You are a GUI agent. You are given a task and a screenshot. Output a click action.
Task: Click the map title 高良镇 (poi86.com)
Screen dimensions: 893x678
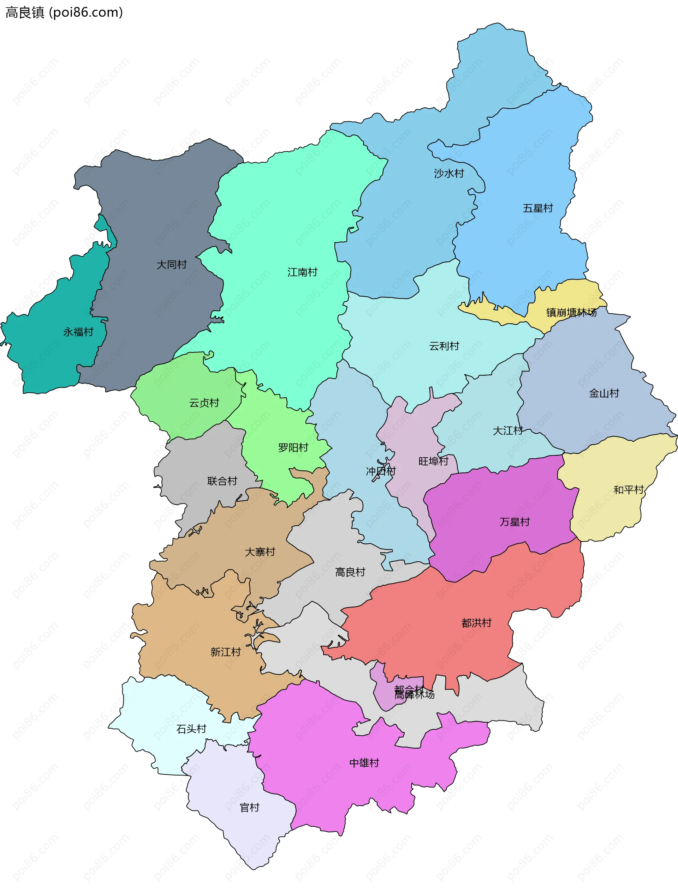[x=64, y=12]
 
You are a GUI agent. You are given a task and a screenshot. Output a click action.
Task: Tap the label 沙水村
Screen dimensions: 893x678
[x=449, y=174]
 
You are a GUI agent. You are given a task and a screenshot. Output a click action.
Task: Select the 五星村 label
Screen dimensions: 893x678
[x=538, y=208]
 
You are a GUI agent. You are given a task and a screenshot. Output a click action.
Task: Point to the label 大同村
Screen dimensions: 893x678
[x=172, y=265]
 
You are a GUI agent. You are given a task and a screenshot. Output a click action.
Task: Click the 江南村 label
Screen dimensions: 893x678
[x=302, y=272]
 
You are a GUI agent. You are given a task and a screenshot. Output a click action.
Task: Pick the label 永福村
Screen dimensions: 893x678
[x=78, y=332]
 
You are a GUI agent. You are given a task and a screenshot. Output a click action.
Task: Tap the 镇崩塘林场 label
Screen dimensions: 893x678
[x=571, y=313]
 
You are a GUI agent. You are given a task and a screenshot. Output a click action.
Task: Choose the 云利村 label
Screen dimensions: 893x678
[x=444, y=346]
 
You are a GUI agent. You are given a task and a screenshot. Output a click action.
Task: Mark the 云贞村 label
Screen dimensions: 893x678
[x=204, y=403]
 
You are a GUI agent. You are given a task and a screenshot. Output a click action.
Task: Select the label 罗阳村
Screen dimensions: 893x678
[x=293, y=448]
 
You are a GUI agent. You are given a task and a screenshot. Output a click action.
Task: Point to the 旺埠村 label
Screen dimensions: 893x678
[x=434, y=461]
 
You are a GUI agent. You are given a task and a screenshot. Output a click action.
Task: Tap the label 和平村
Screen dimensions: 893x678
[x=629, y=490]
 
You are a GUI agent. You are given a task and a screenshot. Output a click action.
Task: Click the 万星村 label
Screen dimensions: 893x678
[x=515, y=522]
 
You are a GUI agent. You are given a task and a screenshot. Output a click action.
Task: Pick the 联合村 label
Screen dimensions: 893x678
[x=222, y=481]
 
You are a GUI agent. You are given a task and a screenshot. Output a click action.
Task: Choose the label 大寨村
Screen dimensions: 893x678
[x=260, y=552]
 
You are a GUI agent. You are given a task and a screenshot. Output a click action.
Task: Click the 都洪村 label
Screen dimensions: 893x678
[x=477, y=623]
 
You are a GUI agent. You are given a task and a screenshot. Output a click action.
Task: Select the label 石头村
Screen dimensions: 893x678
[x=191, y=729]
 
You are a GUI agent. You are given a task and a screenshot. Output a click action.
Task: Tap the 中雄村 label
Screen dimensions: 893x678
[x=364, y=763]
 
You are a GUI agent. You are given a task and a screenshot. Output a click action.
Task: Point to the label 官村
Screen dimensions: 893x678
[x=250, y=807]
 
